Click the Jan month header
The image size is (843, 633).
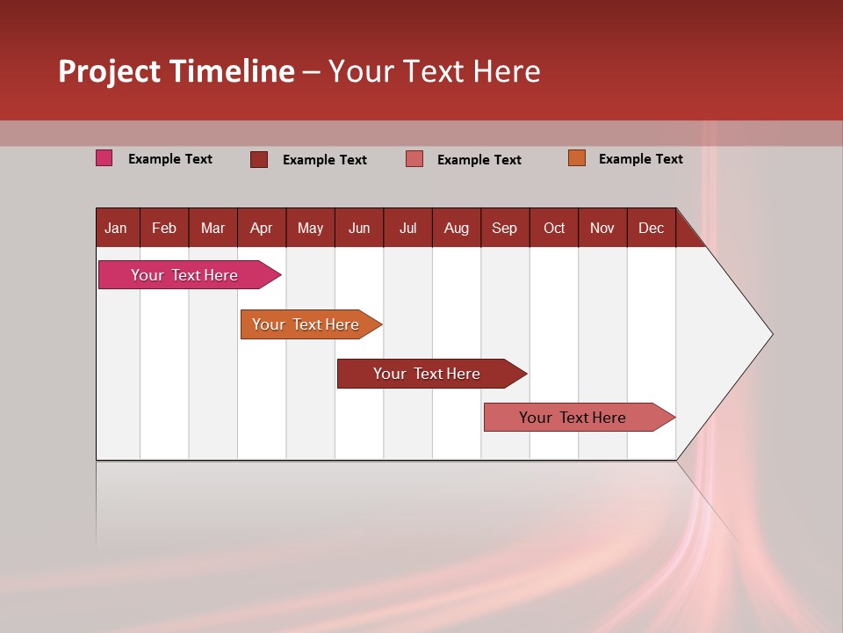click(x=116, y=228)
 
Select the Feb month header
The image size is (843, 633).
click(x=164, y=228)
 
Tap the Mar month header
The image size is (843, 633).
click(x=213, y=228)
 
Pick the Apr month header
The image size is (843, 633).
click(x=262, y=228)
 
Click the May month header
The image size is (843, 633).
click(x=310, y=228)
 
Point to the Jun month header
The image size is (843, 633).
click(x=359, y=228)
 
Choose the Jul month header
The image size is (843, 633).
click(x=407, y=228)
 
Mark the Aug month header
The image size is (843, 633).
click(x=457, y=228)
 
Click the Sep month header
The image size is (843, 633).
click(x=505, y=228)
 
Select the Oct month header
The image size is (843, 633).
click(x=554, y=228)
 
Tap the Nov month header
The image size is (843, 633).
click(x=602, y=228)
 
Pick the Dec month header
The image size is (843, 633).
click(x=652, y=228)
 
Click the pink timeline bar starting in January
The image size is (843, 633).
click(x=185, y=275)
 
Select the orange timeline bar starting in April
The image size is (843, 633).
click(x=306, y=324)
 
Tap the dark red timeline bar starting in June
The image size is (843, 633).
click(x=428, y=374)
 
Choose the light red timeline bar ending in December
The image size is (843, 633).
click(x=573, y=418)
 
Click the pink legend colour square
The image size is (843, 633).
click(x=104, y=158)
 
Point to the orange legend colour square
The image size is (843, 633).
click(x=577, y=158)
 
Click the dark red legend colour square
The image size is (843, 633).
click(x=259, y=159)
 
